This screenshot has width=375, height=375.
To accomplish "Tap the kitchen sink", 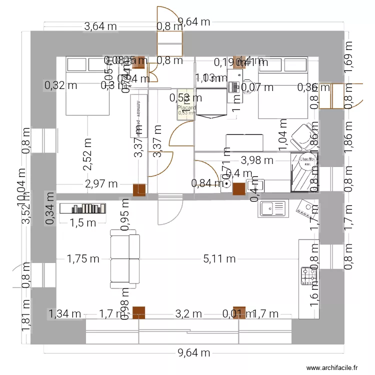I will (273, 208).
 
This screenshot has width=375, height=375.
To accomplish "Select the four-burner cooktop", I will (307, 275).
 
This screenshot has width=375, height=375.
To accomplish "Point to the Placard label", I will (186, 107).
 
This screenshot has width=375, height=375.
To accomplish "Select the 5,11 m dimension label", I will (219, 258).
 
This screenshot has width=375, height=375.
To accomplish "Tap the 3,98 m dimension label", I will (257, 160).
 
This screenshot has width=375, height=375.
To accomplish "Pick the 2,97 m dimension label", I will (101, 184).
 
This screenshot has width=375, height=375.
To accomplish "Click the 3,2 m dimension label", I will (188, 314).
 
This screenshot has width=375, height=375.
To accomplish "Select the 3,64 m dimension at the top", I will (100, 26).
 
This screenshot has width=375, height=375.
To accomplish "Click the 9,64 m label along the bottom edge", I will (194, 353).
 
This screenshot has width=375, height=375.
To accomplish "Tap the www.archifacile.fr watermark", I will (331, 367).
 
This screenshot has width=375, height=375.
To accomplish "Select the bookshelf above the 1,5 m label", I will (83, 208).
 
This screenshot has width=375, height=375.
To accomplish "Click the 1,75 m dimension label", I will (83, 258).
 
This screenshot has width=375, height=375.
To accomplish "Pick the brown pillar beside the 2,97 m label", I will (139, 189).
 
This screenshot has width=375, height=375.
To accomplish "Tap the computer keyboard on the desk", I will (232, 87).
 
